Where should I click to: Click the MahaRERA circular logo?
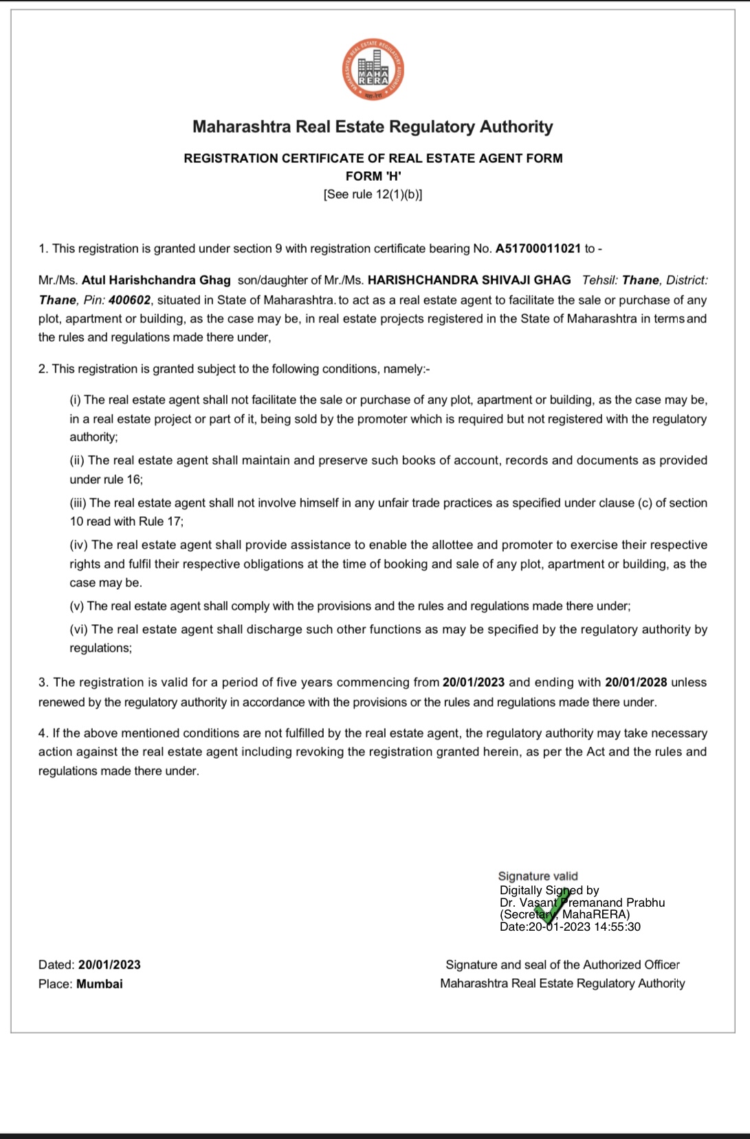(x=373, y=70)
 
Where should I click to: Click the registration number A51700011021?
(x=538, y=248)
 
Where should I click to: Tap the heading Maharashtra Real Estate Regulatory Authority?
(x=373, y=126)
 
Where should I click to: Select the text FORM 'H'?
(x=373, y=176)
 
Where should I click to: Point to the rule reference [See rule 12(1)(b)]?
(x=373, y=195)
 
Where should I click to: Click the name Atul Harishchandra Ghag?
(x=156, y=280)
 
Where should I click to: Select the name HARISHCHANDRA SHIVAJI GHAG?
(x=469, y=280)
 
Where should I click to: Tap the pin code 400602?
(x=129, y=300)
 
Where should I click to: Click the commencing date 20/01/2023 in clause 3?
(x=474, y=682)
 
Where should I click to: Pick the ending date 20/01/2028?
(x=636, y=682)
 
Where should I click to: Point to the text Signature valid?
(x=538, y=876)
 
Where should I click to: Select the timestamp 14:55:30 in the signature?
(x=617, y=927)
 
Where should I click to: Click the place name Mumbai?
(x=100, y=984)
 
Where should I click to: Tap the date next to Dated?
(x=109, y=964)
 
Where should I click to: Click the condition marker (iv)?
(x=78, y=545)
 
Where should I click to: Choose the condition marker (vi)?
(x=78, y=629)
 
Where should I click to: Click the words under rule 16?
(x=107, y=479)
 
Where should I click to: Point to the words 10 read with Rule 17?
(x=126, y=521)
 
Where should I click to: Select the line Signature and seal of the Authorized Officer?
(x=562, y=964)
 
